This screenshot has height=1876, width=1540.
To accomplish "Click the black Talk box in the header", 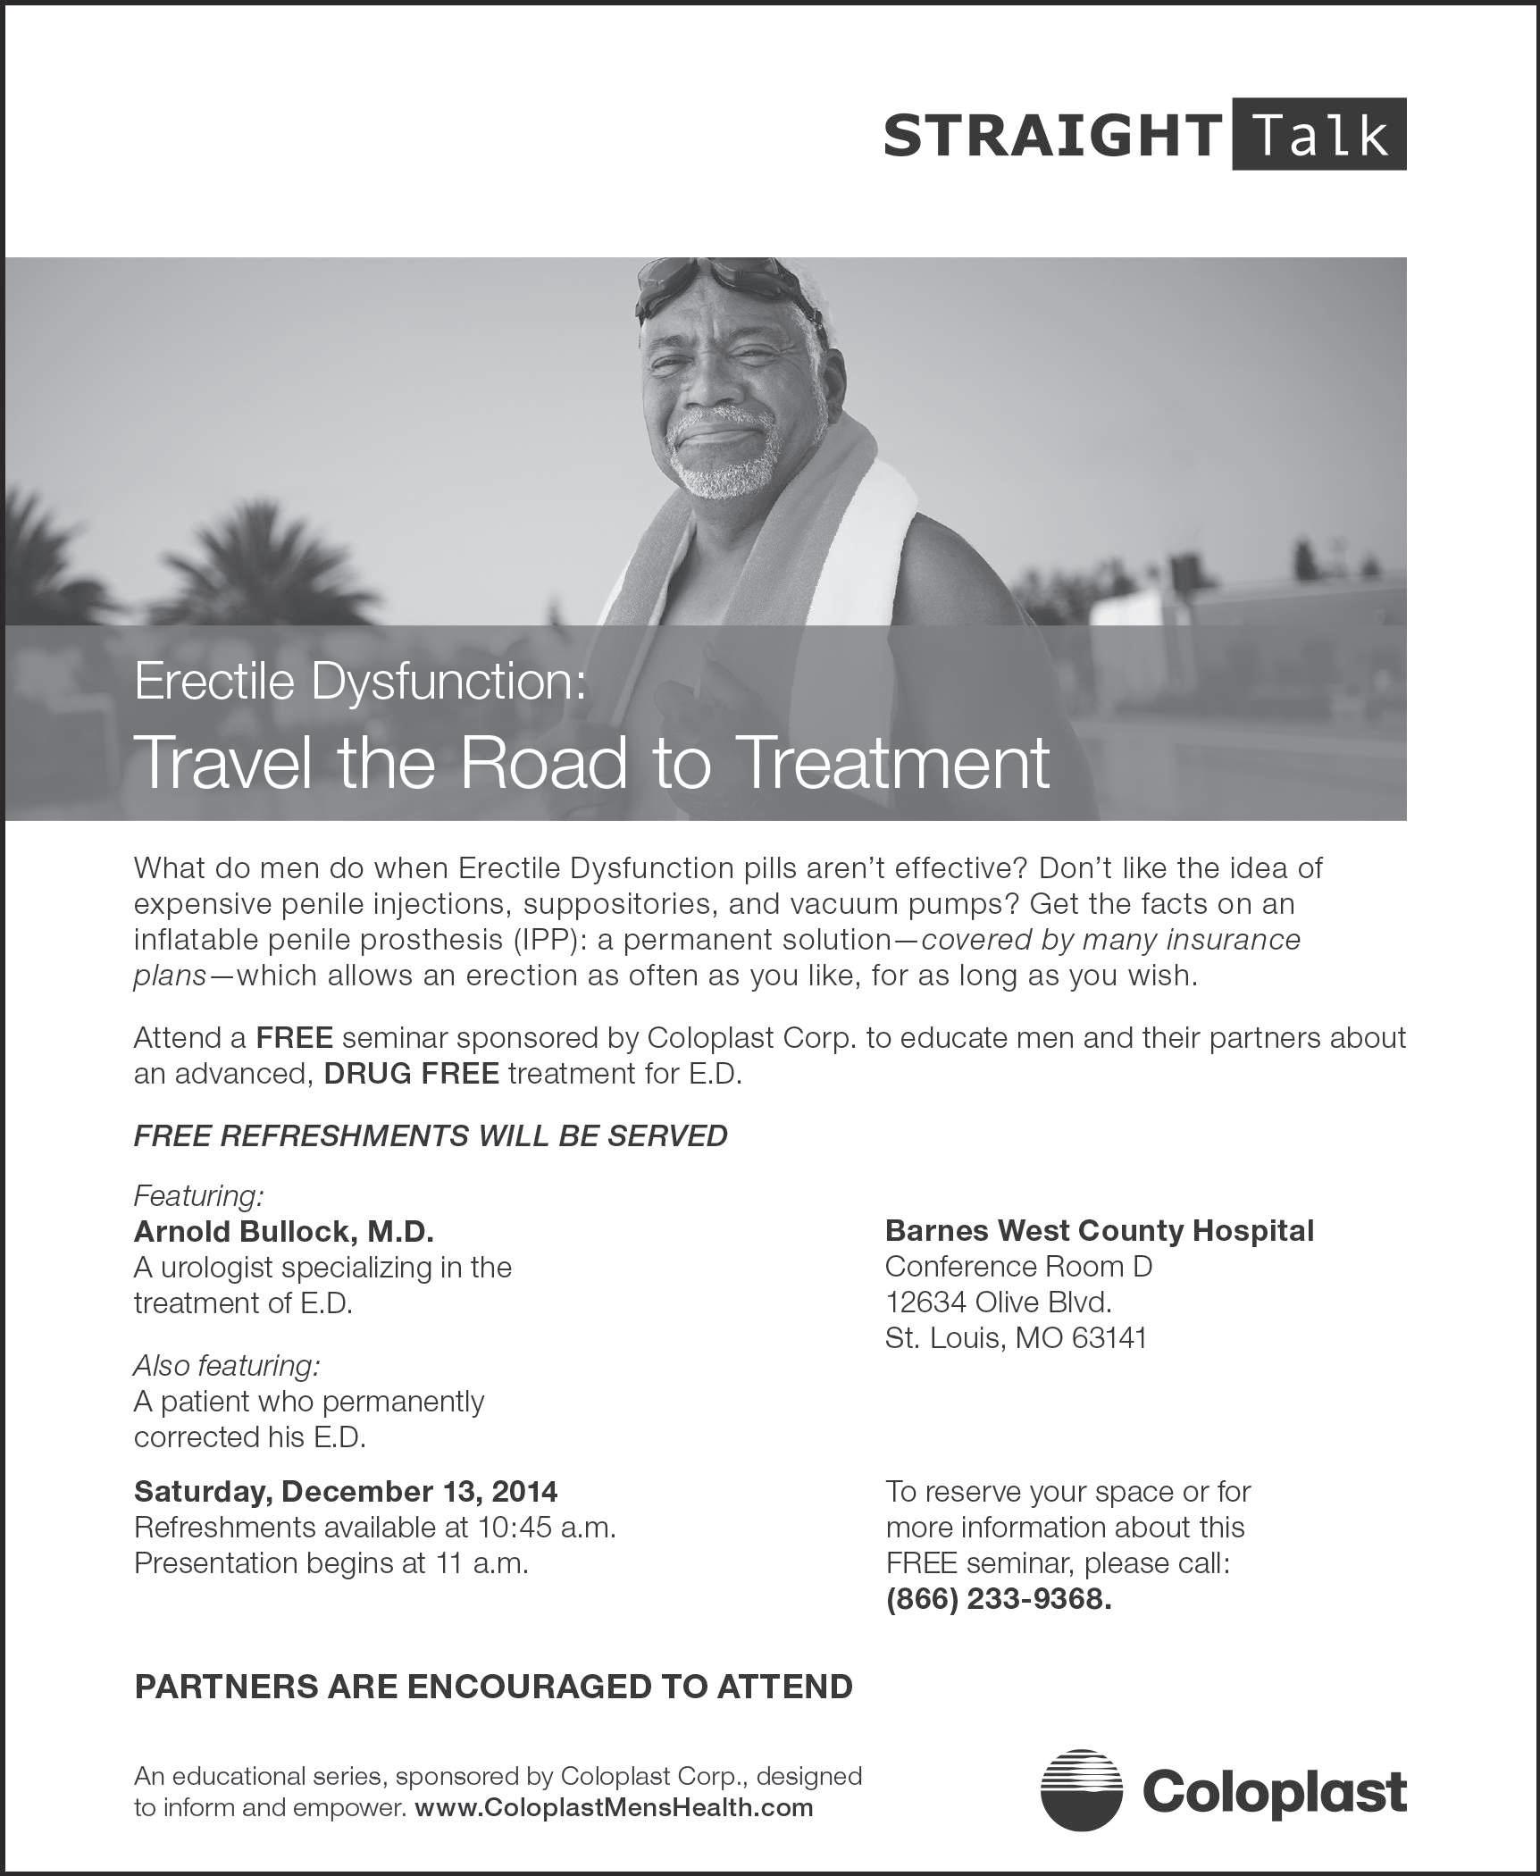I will (1318, 135).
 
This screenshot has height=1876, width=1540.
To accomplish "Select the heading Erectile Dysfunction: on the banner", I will (360, 682).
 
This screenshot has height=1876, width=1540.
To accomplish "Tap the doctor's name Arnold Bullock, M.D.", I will (283, 1231).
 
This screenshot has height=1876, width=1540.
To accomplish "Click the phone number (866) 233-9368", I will (998, 1598).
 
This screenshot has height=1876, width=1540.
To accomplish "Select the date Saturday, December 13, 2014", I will (346, 1491).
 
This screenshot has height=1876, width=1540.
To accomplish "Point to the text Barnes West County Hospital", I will (1099, 1230).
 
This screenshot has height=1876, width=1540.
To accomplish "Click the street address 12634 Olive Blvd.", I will (998, 1302).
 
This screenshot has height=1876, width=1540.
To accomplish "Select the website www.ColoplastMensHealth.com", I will (615, 1807).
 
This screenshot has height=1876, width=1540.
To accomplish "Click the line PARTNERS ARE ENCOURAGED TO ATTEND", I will (493, 1687).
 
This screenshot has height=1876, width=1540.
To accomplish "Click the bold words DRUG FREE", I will (411, 1073).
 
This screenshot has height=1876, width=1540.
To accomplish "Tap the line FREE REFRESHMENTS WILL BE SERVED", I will (431, 1135).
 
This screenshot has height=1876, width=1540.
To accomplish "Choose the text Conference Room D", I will (1018, 1266).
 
